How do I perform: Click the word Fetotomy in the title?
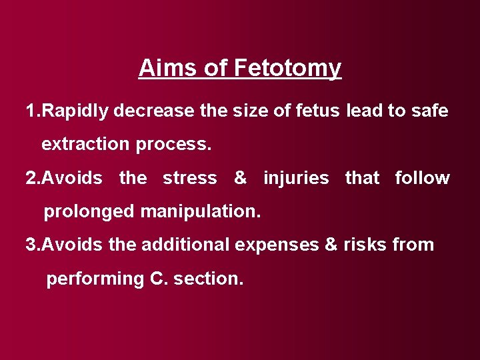point(287,68)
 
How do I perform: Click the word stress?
point(190,179)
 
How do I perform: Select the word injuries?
point(296,179)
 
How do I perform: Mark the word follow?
point(422,179)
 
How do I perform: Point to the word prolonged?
point(89,212)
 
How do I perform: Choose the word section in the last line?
point(209,279)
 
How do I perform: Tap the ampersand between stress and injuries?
point(240,179)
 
